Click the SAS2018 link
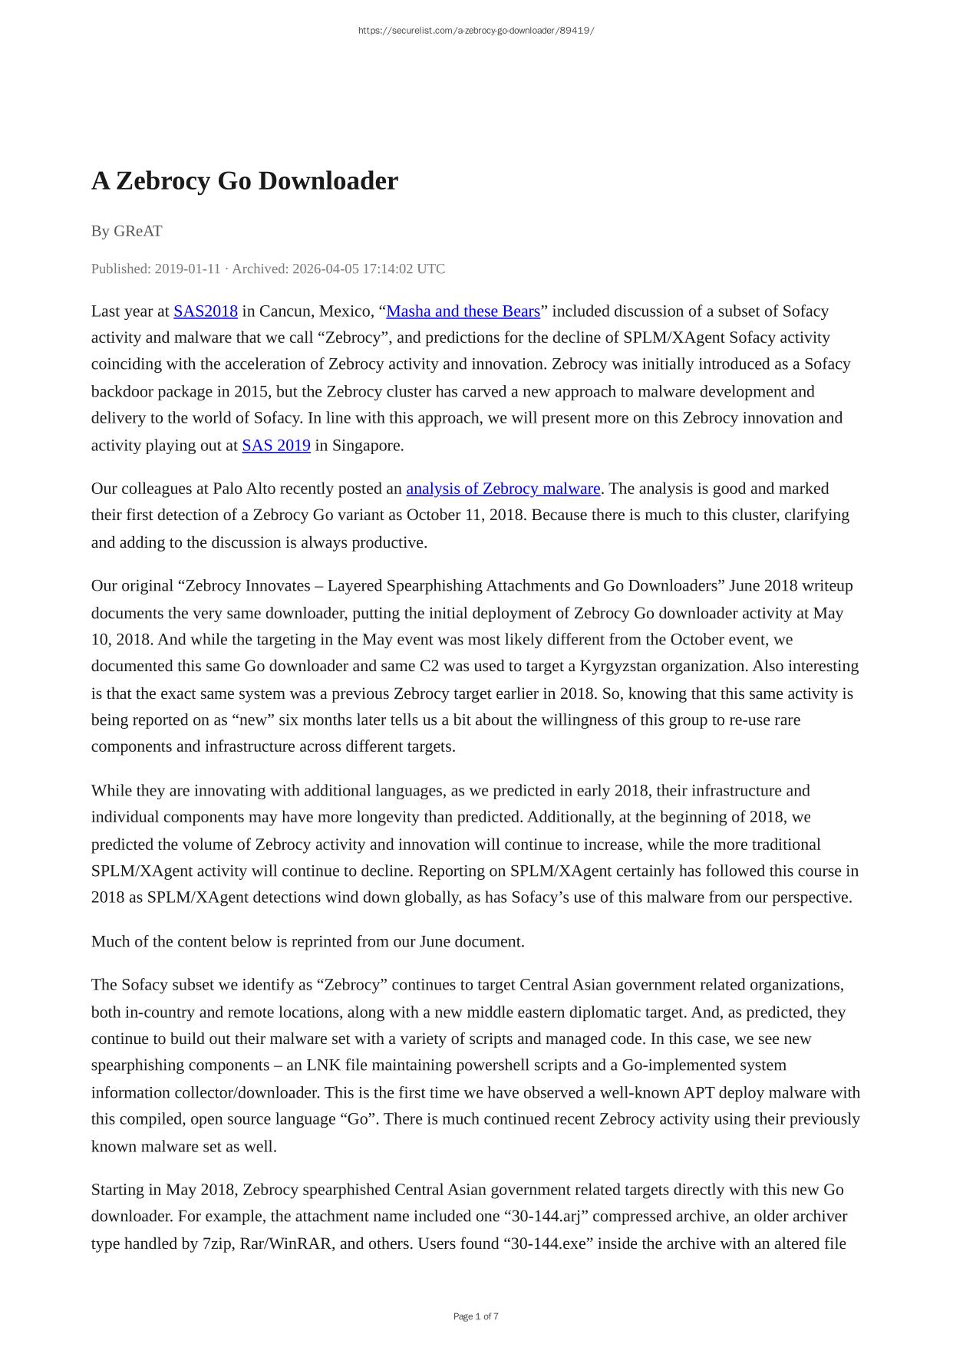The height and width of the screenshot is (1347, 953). pyautogui.click(x=205, y=311)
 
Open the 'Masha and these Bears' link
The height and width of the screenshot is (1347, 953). pyautogui.click(x=463, y=311)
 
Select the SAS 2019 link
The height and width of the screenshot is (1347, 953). pyautogui.click(x=276, y=445)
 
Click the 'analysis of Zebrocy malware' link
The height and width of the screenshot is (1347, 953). pyautogui.click(x=503, y=489)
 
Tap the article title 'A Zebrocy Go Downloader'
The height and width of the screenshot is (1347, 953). pyautogui.click(x=245, y=181)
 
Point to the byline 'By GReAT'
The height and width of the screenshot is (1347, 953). pyautogui.click(x=127, y=231)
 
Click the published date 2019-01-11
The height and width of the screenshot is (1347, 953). pyautogui.click(x=187, y=268)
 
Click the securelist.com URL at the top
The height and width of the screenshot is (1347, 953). pyautogui.click(x=476, y=31)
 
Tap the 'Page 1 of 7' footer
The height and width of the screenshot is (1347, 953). pyautogui.click(x=476, y=1316)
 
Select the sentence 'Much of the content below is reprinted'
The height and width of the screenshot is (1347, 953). pyautogui.click(x=308, y=941)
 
